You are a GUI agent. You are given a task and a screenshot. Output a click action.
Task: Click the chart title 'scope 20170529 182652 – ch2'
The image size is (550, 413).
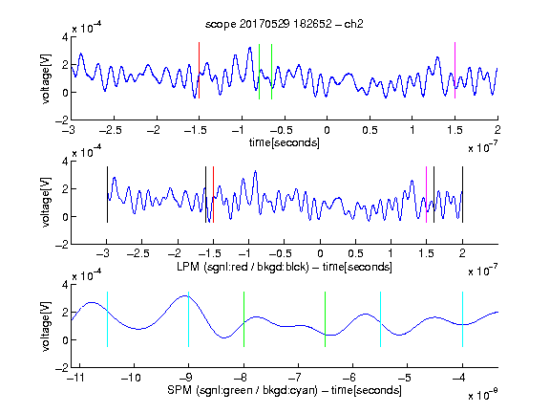tap(285, 24)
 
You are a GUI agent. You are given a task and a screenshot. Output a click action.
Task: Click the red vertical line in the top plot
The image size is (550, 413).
tap(199, 70)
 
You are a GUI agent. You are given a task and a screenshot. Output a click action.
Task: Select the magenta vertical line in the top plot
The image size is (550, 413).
tap(455, 70)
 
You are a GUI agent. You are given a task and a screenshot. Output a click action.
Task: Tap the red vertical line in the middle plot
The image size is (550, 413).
tap(213, 195)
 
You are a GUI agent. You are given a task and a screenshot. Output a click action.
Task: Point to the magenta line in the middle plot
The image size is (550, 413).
tap(426, 195)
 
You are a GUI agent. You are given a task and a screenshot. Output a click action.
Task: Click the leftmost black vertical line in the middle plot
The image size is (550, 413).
tap(107, 195)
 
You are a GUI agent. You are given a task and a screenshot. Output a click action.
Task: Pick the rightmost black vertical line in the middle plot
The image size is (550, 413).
tap(462, 195)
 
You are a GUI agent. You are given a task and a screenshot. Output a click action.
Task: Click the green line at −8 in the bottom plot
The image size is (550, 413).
tap(243, 319)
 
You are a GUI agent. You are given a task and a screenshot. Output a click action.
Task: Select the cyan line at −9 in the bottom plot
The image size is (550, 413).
tap(188, 319)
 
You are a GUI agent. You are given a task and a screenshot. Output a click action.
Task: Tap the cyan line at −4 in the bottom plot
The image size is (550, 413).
tap(462, 319)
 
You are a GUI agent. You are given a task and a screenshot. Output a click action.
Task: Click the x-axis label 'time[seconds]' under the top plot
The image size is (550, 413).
tap(285, 142)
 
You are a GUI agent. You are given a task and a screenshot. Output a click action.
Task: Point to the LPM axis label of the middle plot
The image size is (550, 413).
tap(285, 267)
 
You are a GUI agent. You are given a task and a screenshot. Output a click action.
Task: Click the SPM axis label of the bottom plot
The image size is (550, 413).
tap(285, 390)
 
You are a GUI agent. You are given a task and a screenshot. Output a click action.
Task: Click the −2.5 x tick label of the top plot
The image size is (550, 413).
tap(111, 130)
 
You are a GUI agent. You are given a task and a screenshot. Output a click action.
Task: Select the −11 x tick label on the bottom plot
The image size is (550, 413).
tap(76, 378)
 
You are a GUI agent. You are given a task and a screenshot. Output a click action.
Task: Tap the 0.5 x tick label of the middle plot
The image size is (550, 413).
tap(355, 253)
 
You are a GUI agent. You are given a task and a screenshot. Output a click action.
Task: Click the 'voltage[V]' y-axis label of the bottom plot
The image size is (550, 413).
tap(46, 326)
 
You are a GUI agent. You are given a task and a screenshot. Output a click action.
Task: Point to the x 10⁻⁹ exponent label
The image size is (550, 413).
tap(483, 395)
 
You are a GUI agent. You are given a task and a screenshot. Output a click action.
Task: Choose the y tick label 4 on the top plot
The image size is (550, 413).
tap(65, 37)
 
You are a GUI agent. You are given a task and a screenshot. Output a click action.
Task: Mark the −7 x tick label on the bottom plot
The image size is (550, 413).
tap(298, 378)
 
